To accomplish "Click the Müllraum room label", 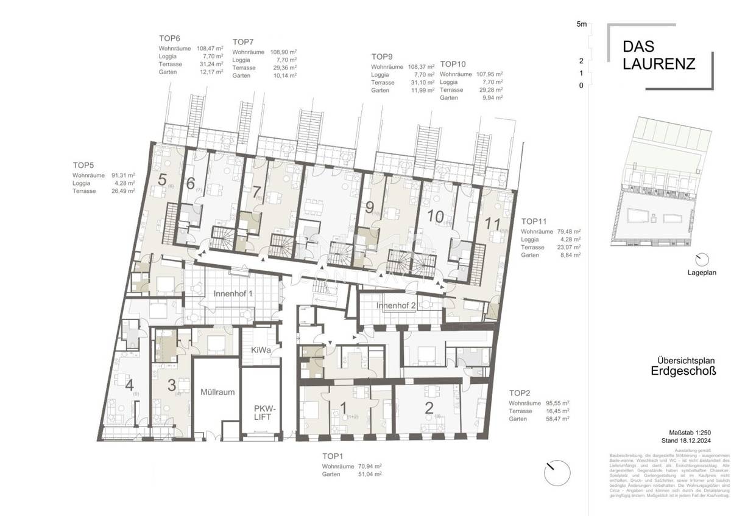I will coord(218,392).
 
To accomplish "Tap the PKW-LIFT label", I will coord(263,413).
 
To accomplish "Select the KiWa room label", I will coord(260,350).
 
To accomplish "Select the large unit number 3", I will coord(172,385).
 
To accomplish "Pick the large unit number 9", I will coord(369,207).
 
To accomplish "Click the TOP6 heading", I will coord(170,38).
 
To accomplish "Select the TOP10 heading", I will coord(453,64).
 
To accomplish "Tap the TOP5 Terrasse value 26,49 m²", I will coord(122,190).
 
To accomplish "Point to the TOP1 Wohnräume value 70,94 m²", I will coord(370,466).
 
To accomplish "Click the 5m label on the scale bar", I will coord(581,25).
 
